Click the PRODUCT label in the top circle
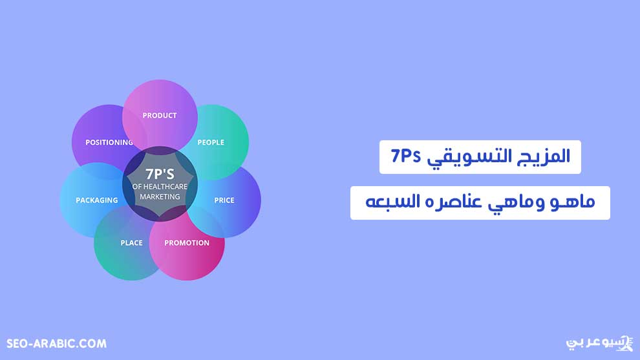(160, 116)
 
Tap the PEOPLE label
(211, 142)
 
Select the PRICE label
(224, 200)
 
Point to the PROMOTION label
(187, 243)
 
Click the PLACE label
(131, 243)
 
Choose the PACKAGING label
(97, 200)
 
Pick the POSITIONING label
(109, 142)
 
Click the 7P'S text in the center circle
(160, 175)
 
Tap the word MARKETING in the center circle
(160, 196)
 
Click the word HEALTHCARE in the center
(165, 187)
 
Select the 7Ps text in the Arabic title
(406, 156)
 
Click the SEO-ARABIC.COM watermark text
(56, 344)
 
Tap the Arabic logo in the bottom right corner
(599, 343)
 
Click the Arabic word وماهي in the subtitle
(516, 203)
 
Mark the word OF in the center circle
(137, 187)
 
